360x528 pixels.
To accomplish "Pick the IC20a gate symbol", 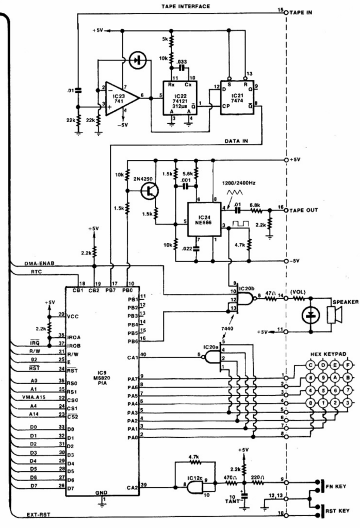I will pos(212,355).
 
